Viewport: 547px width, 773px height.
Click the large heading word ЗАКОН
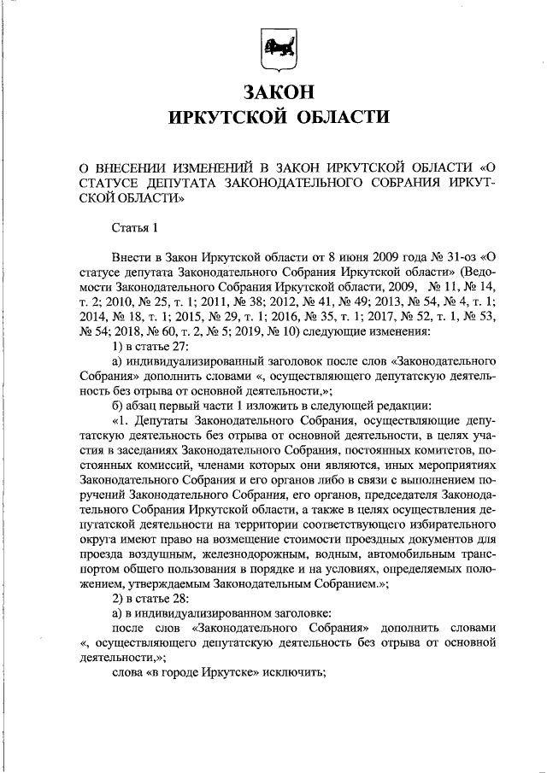point(273,91)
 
